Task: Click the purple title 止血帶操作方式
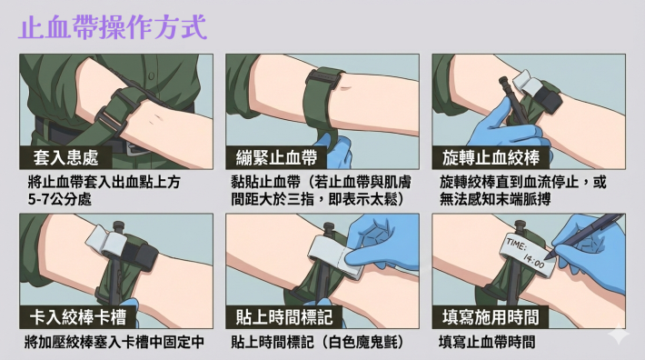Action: click(x=113, y=27)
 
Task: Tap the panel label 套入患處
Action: click(x=65, y=157)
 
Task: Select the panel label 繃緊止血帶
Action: click(x=276, y=157)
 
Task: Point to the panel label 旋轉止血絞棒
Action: click(x=491, y=157)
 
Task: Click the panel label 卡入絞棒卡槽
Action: click(x=78, y=316)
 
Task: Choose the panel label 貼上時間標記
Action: click(x=284, y=316)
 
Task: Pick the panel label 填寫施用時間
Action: click(x=491, y=316)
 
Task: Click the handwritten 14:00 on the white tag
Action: click(x=533, y=260)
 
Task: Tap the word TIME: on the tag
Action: click(x=516, y=244)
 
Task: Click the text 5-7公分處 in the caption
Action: click(x=60, y=199)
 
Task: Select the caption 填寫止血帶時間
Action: click(x=487, y=342)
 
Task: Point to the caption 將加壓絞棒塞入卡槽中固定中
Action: click(x=114, y=342)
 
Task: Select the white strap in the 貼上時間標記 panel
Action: click(x=335, y=255)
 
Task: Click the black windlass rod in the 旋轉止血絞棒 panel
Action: click(x=511, y=98)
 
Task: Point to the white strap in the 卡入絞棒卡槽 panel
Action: click(x=105, y=242)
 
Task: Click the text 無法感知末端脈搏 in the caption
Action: click(x=495, y=199)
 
